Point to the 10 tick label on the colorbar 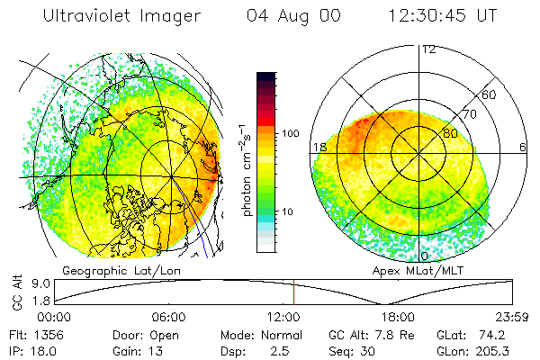pyautogui.click(x=288, y=212)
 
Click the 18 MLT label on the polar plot pyautogui.click(x=318, y=147)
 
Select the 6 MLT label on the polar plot pyautogui.click(x=523, y=147)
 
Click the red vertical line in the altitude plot pyautogui.click(x=293, y=292)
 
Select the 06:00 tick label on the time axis pyautogui.click(x=168, y=318)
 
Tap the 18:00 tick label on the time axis pyautogui.click(x=398, y=318)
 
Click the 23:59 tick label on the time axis pyautogui.click(x=513, y=318)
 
